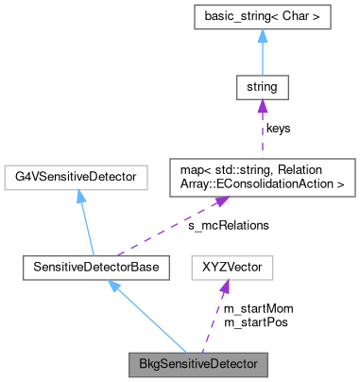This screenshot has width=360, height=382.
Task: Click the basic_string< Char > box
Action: click(262, 16)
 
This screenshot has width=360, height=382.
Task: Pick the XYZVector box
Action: click(231, 268)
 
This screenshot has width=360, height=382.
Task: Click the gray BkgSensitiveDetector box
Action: click(198, 362)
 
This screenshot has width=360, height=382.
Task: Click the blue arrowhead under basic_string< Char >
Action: click(262, 36)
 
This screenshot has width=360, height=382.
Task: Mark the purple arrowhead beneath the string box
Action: click(262, 108)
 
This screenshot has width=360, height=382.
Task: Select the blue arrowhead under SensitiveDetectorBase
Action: click(114, 286)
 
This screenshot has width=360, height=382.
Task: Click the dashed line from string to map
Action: click(262, 132)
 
